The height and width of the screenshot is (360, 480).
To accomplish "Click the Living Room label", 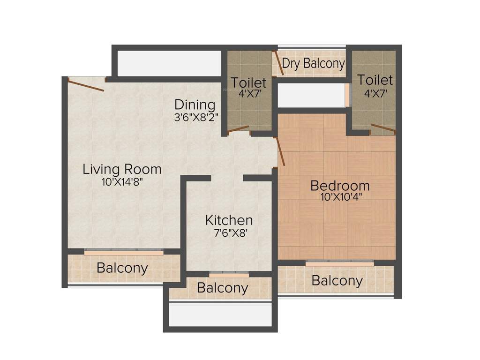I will point(122,169).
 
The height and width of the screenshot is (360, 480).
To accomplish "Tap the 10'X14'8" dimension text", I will point(122,182).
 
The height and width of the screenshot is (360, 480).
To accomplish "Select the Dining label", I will point(195,105).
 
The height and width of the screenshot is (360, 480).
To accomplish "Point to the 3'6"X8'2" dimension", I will point(195,116).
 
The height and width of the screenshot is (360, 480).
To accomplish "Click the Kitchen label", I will point(229,220).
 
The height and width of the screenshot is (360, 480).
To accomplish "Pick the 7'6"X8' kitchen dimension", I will point(229,232).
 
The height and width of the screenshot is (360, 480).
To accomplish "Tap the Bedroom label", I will point(340,186).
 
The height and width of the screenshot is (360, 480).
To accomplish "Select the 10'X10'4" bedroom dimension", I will point(340,197).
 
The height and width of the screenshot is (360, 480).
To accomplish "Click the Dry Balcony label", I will point(313,63).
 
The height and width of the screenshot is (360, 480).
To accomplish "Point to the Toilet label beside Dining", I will point(248,83).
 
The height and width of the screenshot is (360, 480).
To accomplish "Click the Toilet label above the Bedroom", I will point(375,80).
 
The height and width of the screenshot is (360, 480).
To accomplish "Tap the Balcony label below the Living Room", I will point(122,269).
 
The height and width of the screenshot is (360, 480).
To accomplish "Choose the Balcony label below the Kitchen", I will point(222,288).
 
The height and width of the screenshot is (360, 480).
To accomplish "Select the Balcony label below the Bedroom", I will point(337,281).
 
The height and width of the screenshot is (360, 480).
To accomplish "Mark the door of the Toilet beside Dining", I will point(238,128).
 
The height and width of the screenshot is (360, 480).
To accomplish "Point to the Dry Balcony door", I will point(279,65).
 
